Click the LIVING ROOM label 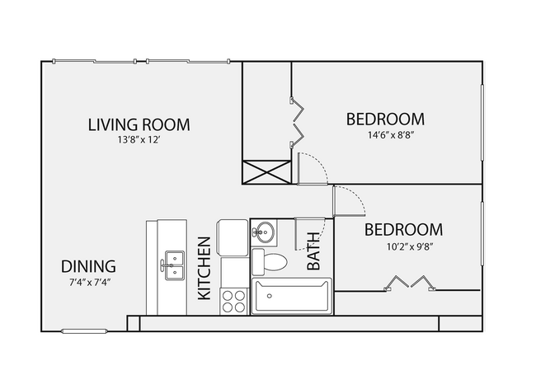point(139,125)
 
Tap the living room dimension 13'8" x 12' point(139,141)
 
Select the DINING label point(88,267)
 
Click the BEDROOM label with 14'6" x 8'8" point(384,120)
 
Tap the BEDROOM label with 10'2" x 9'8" point(403,230)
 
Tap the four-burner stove point(233,300)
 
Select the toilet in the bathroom point(269,262)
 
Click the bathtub point(290,297)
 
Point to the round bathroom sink point(264,232)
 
